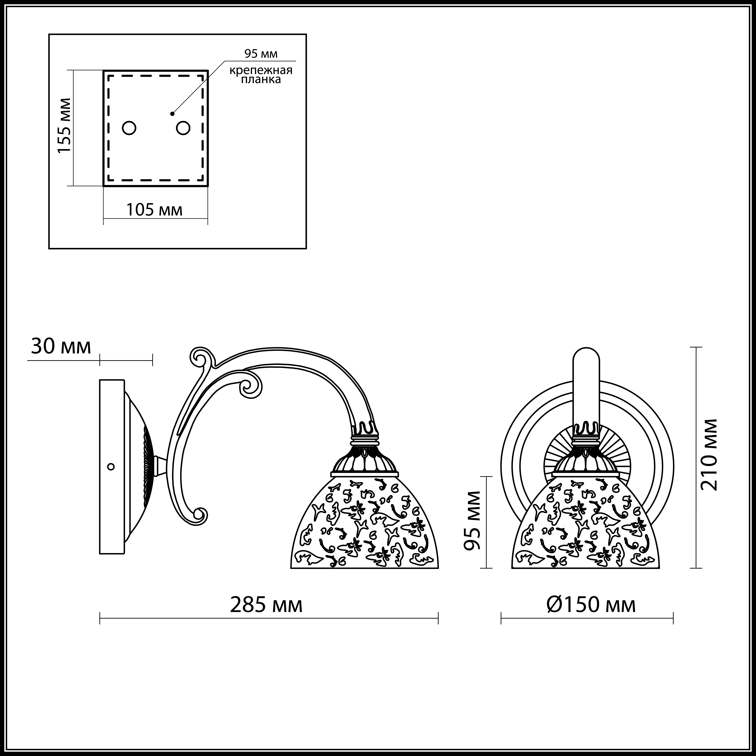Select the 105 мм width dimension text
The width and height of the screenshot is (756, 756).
pos(154,210)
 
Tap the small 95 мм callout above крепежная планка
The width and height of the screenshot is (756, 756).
pos(261,54)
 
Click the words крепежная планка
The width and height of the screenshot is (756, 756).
pos(261,75)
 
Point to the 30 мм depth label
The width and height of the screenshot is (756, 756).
pos(61,346)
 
